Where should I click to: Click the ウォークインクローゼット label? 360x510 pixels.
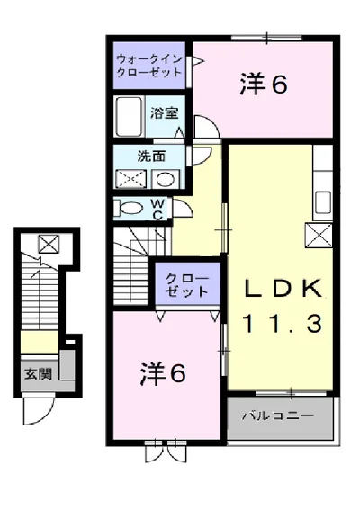click(x=149, y=66)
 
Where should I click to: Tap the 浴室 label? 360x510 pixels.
click(x=165, y=112)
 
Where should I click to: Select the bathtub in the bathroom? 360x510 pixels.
click(x=130, y=116)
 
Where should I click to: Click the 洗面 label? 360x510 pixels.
click(x=151, y=157)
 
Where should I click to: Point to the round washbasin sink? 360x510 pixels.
click(x=166, y=179)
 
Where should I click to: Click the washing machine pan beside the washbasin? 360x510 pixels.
click(x=131, y=179)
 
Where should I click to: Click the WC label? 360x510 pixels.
click(x=158, y=210)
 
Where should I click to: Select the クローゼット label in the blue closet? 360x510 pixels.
click(x=187, y=285)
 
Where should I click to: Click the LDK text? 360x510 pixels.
click(x=282, y=289)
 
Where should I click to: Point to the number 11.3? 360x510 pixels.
click(x=282, y=323)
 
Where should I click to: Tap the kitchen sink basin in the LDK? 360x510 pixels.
click(x=323, y=202)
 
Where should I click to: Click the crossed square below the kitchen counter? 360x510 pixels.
click(x=319, y=235)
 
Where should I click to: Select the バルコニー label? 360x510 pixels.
click(x=278, y=416)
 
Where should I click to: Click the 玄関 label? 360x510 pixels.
click(x=39, y=373)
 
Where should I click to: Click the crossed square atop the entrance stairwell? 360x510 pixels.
click(x=49, y=244)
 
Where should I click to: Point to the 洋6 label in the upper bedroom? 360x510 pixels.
click(x=264, y=85)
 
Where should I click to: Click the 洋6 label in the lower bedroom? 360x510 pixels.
click(x=164, y=373)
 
